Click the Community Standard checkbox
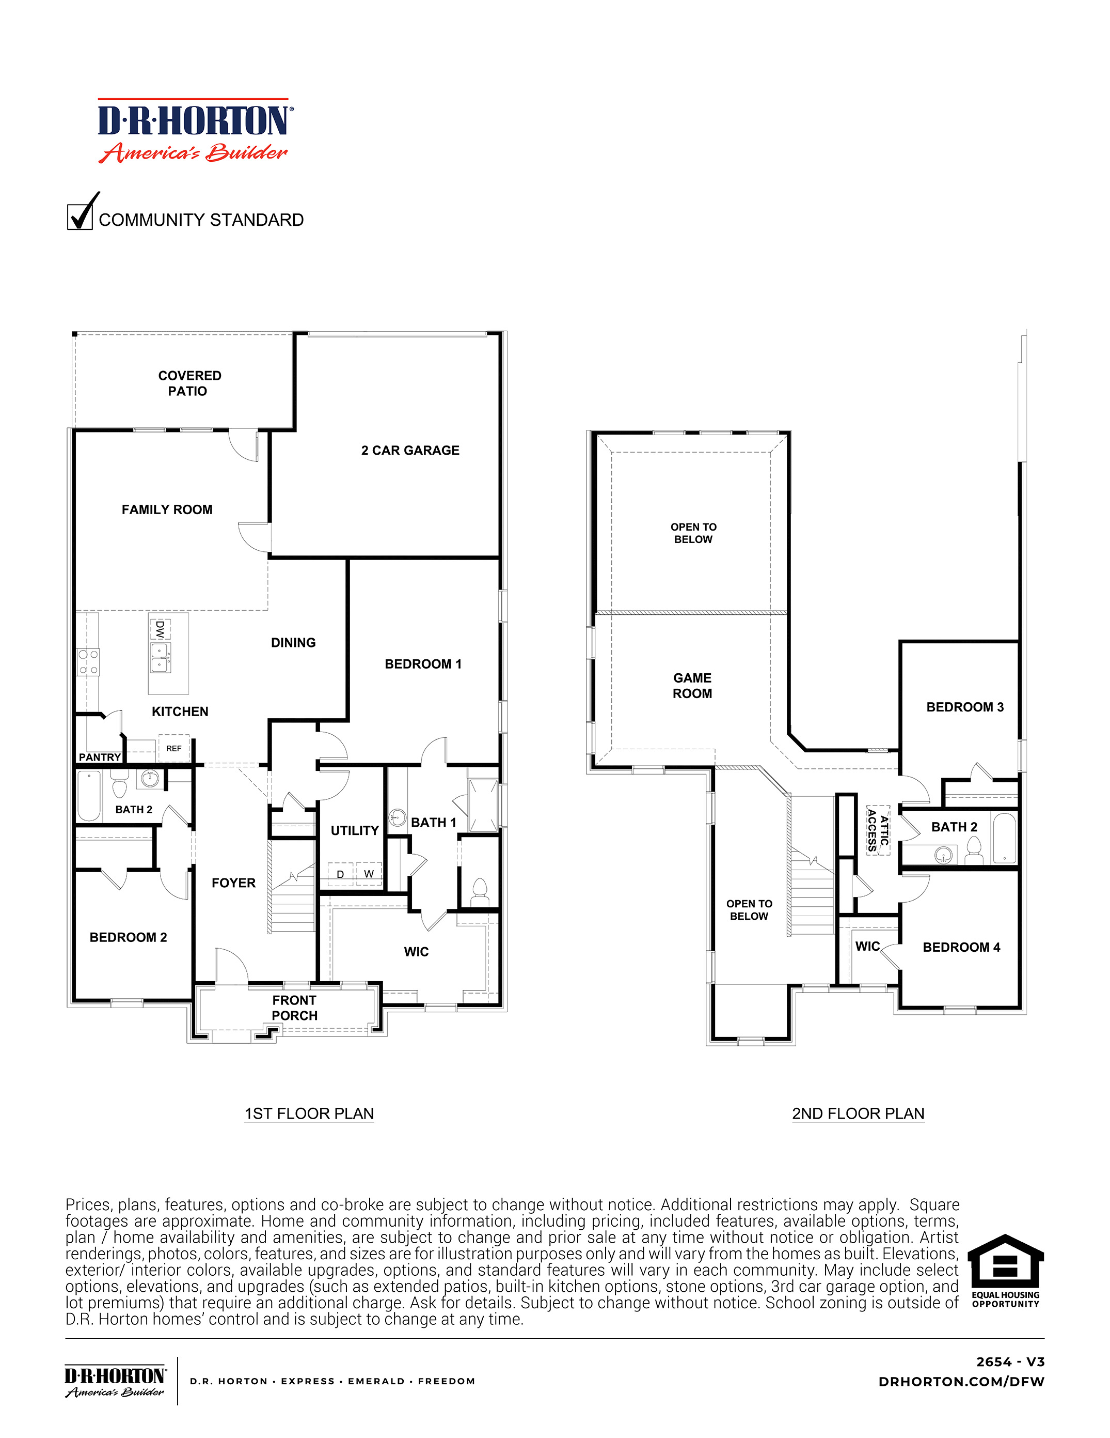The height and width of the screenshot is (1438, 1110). (x=80, y=217)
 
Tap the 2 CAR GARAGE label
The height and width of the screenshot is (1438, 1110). (x=410, y=451)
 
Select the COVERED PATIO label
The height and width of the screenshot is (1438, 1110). (x=189, y=383)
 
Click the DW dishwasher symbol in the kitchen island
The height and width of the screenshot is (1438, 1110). (x=159, y=629)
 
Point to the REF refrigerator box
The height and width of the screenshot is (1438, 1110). (x=173, y=748)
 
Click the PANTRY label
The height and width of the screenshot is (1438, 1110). (x=99, y=757)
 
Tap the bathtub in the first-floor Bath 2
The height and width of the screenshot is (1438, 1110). (x=88, y=795)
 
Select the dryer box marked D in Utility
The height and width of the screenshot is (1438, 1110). (x=340, y=874)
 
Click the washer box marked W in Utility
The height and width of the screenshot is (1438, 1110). (x=369, y=874)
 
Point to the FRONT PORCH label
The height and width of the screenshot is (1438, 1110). (x=294, y=1008)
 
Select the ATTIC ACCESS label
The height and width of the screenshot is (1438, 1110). (x=878, y=830)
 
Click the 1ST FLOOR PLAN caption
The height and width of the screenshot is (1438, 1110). (x=309, y=1114)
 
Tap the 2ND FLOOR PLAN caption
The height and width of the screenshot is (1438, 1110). (x=858, y=1114)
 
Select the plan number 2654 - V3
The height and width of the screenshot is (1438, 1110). (x=1009, y=1362)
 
